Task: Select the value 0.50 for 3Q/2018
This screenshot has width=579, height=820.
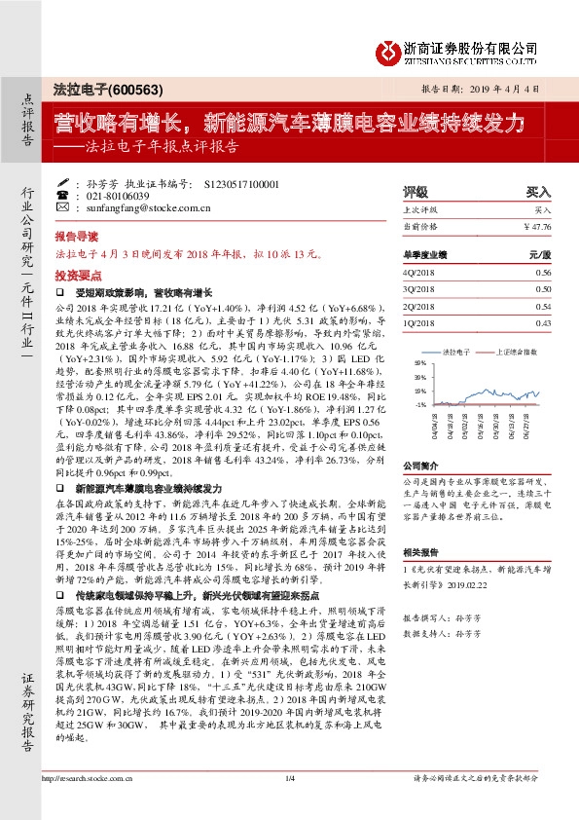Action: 543,289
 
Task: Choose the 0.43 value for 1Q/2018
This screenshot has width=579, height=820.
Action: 543,321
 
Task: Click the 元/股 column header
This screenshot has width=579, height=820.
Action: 540,255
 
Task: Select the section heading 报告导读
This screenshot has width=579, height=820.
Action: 76,237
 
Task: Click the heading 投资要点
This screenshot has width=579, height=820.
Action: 76,276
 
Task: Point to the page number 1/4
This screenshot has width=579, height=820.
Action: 289,805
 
